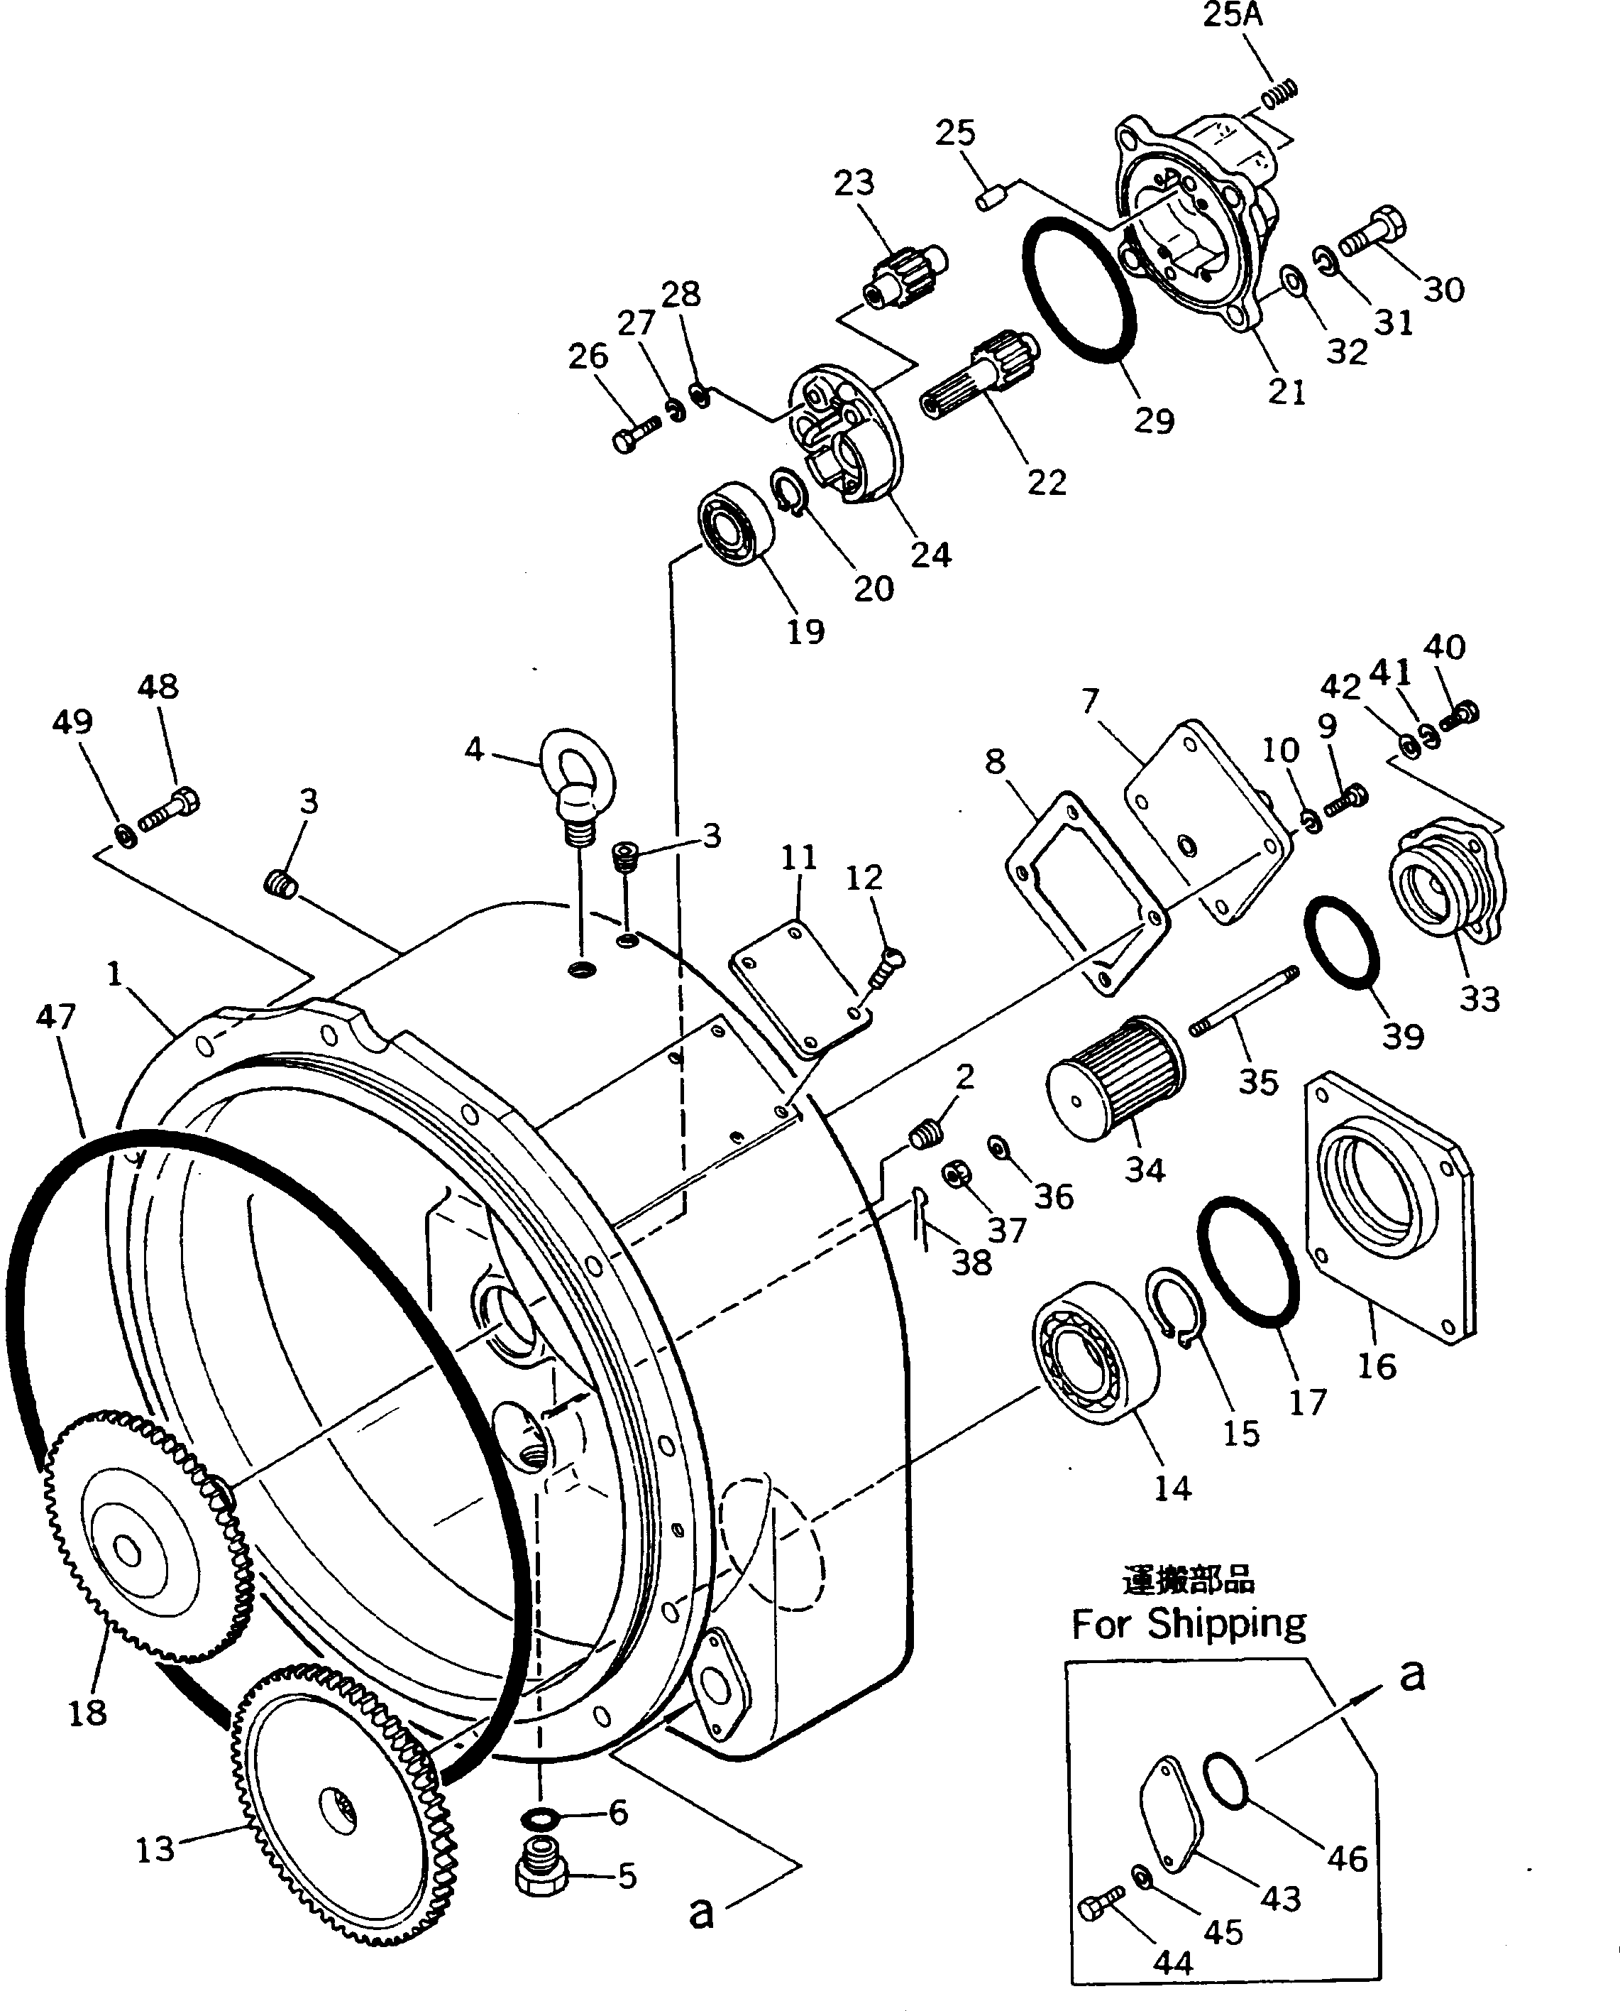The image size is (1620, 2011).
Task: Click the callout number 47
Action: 55,1015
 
